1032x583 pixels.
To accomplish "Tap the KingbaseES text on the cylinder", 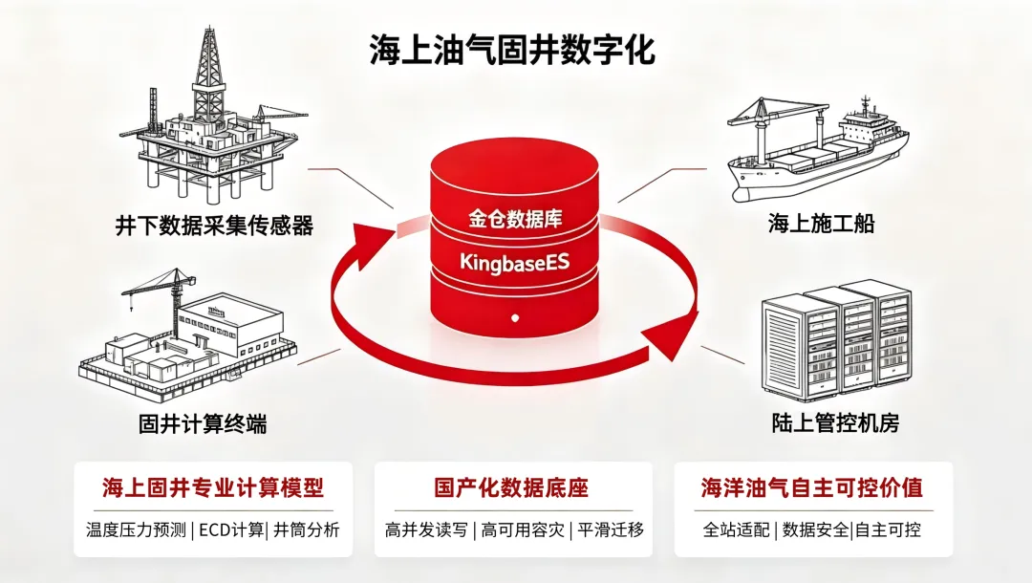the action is pos(515,263).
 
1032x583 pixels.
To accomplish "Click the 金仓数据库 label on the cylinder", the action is pos(515,219).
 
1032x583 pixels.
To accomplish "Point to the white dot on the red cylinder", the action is pos(515,318).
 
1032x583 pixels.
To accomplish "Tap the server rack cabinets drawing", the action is pos(836,340).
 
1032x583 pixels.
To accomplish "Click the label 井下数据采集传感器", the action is pos(215,226).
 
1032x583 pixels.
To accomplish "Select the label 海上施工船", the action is pos(822,224).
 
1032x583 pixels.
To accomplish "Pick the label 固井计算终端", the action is pos(203,423).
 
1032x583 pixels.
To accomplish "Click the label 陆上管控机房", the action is pos(835,423).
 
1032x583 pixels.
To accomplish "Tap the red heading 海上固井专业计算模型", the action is pos(213,487).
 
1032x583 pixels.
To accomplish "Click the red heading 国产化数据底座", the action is pos(511,487).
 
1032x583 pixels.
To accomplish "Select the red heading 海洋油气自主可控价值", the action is pos(811,487).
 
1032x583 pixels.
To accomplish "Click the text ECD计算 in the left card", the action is pos(231,529).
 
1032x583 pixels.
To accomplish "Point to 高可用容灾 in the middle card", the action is pos(523,529).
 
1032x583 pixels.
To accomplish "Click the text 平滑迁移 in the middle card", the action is pos(610,529).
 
